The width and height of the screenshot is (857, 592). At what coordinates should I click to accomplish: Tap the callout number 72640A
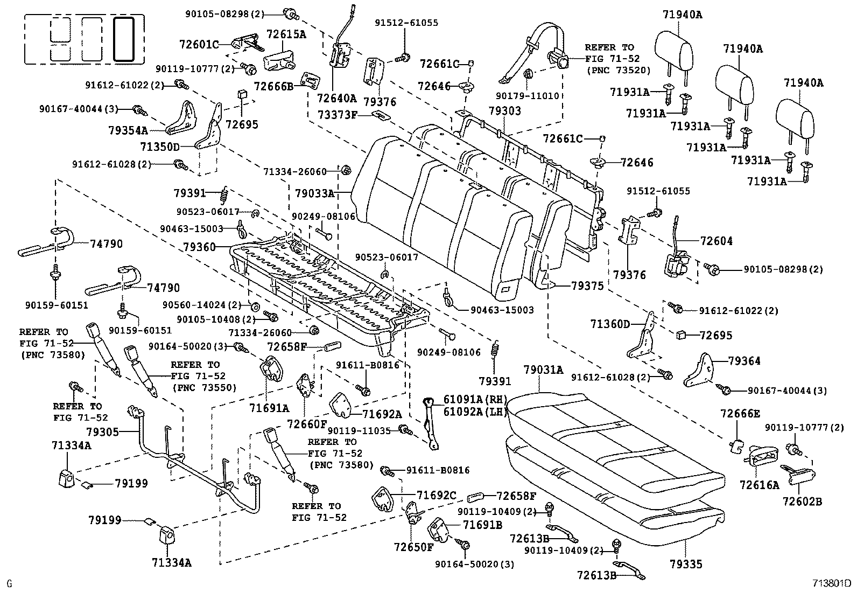tap(337, 98)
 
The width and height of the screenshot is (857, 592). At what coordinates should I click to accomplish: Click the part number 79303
tap(504, 111)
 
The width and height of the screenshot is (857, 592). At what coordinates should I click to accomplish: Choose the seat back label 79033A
tap(314, 192)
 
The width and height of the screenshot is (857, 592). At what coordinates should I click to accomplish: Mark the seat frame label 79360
tap(199, 247)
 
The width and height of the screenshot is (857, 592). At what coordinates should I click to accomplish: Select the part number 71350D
tap(160, 146)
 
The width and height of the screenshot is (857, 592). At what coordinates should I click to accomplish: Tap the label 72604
tap(716, 241)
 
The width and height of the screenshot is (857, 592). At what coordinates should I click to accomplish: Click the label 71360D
tap(609, 324)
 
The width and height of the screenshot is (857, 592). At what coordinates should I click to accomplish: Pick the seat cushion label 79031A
tap(543, 370)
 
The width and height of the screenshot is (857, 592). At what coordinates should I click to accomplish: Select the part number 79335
tap(685, 564)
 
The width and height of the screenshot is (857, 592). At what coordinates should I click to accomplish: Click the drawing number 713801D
tap(832, 583)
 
